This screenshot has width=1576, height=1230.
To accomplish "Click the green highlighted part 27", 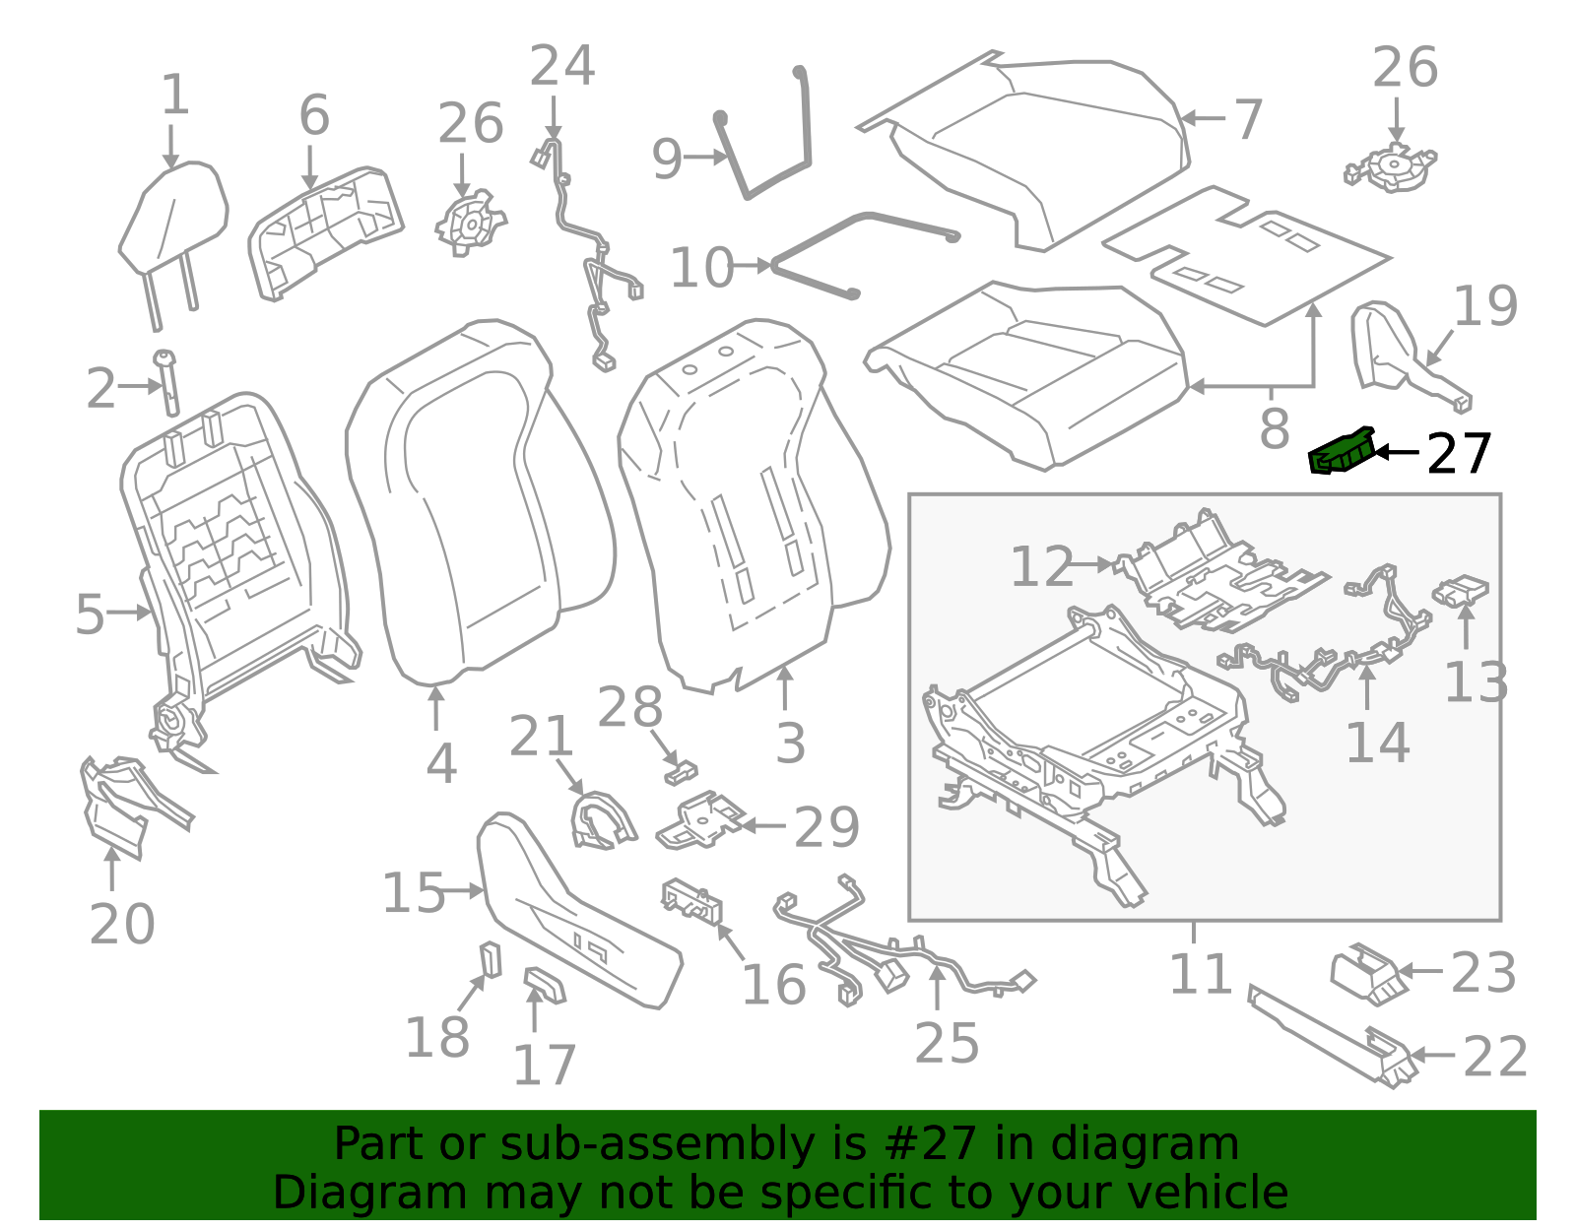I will [1341, 454].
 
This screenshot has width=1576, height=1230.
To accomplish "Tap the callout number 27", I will [1459, 454].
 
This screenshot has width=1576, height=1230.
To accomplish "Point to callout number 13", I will [1476, 682].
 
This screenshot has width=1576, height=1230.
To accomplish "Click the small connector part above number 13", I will [1462, 593].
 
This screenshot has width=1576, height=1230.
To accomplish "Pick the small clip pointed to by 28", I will [681, 772].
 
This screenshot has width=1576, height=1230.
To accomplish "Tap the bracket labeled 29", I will [701, 819].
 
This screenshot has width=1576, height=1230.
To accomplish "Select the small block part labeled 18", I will [490, 959].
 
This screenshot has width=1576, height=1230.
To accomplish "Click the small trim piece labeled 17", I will [544, 984].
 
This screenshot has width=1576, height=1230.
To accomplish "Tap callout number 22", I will [1494, 1057].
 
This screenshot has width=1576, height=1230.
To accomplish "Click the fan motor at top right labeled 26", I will [1390, 166].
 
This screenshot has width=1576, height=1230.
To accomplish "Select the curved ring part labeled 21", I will [600, 819].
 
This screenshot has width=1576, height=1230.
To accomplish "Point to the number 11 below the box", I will [1200, 974].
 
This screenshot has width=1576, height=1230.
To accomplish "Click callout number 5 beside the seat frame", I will [89, 615].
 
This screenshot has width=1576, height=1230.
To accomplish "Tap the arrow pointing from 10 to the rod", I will [752, 266].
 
